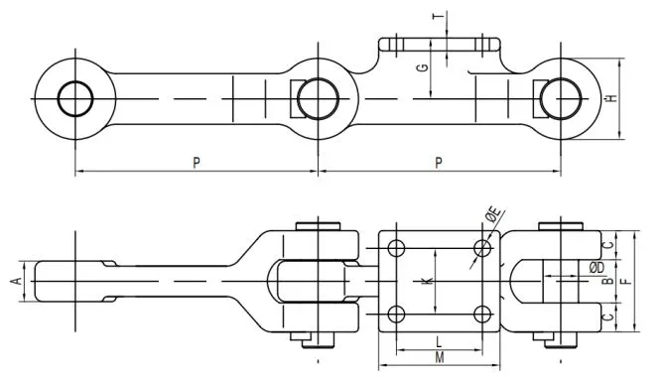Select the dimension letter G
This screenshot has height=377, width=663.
pos(422,68)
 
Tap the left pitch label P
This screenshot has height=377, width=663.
pos(198,163)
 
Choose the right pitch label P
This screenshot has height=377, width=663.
pos(439,163)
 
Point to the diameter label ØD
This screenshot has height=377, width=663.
pos(597,267)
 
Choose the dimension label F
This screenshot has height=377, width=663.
pos(623,282)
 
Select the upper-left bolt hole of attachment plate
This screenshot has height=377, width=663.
pos(396,247)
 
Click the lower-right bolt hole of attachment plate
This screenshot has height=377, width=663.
pos(482,315)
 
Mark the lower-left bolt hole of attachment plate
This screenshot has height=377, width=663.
pos(396,315)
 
